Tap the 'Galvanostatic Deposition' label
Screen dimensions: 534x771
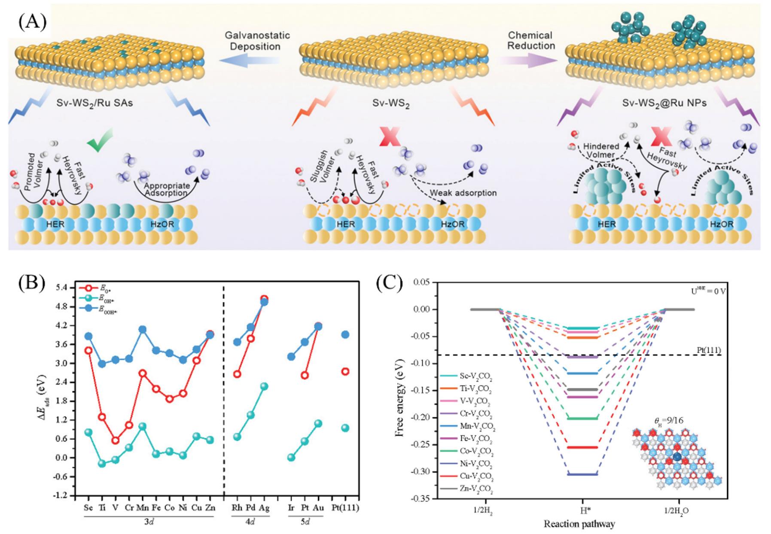257,41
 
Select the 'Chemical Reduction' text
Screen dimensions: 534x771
530,40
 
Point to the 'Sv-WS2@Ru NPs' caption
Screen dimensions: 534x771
664,103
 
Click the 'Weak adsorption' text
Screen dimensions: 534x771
463,193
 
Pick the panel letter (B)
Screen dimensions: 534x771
31,283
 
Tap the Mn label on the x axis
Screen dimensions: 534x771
143,508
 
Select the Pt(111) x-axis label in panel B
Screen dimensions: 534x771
345,508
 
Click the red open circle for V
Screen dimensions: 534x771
115,440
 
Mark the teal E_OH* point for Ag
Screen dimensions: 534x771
264,386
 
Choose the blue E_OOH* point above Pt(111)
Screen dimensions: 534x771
345,335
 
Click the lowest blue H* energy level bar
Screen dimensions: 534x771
582,474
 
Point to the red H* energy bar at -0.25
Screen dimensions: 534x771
582,447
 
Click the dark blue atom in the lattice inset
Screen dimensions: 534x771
677,457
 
